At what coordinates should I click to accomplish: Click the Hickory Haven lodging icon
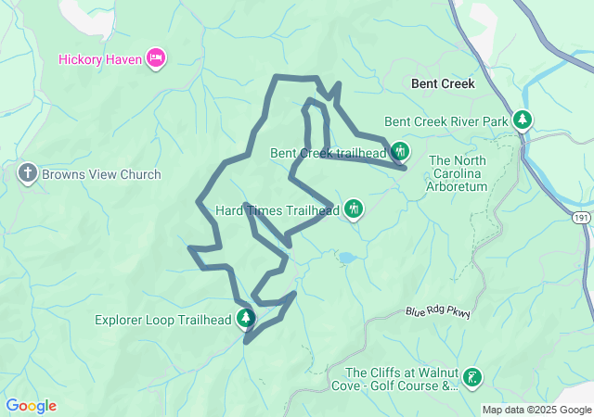(156, 58)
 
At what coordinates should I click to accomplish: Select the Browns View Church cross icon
(27, 173)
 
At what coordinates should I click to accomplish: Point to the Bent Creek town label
(443, 83)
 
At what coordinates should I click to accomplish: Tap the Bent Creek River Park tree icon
(523, 120)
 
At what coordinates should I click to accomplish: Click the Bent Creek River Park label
(446, 121)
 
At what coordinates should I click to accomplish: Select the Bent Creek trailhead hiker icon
(400, 151)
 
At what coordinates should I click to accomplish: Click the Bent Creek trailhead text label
(328, 153)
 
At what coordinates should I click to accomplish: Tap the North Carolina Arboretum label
(458, 173)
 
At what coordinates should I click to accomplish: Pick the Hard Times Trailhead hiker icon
(354, 209)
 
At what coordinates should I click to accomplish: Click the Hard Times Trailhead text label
(278, 210)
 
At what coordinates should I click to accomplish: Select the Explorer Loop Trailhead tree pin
(246, 320)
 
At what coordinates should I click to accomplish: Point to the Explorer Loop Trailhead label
(163, 321)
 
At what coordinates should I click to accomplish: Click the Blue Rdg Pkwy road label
(438, 313)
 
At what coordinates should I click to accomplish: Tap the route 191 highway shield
(581, 216)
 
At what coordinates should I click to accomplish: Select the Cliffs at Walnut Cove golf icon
(472, 377)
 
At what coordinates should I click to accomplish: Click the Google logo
(31, 406)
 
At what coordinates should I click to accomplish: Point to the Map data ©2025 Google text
(536, 410)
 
